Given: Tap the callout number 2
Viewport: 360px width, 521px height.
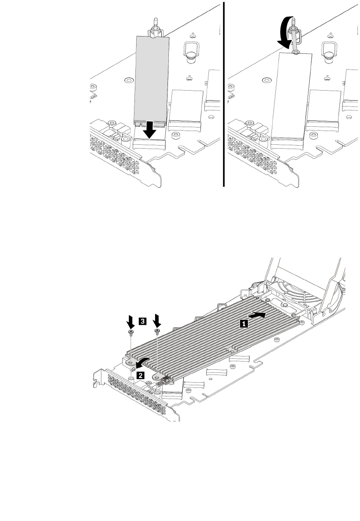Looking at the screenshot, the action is [140, 375].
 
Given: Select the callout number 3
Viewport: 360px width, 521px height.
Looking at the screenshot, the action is [143, 321].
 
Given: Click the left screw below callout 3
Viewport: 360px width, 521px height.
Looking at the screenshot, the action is [130, 333].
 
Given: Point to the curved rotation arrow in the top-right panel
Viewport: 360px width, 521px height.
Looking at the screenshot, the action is [284, 32].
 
